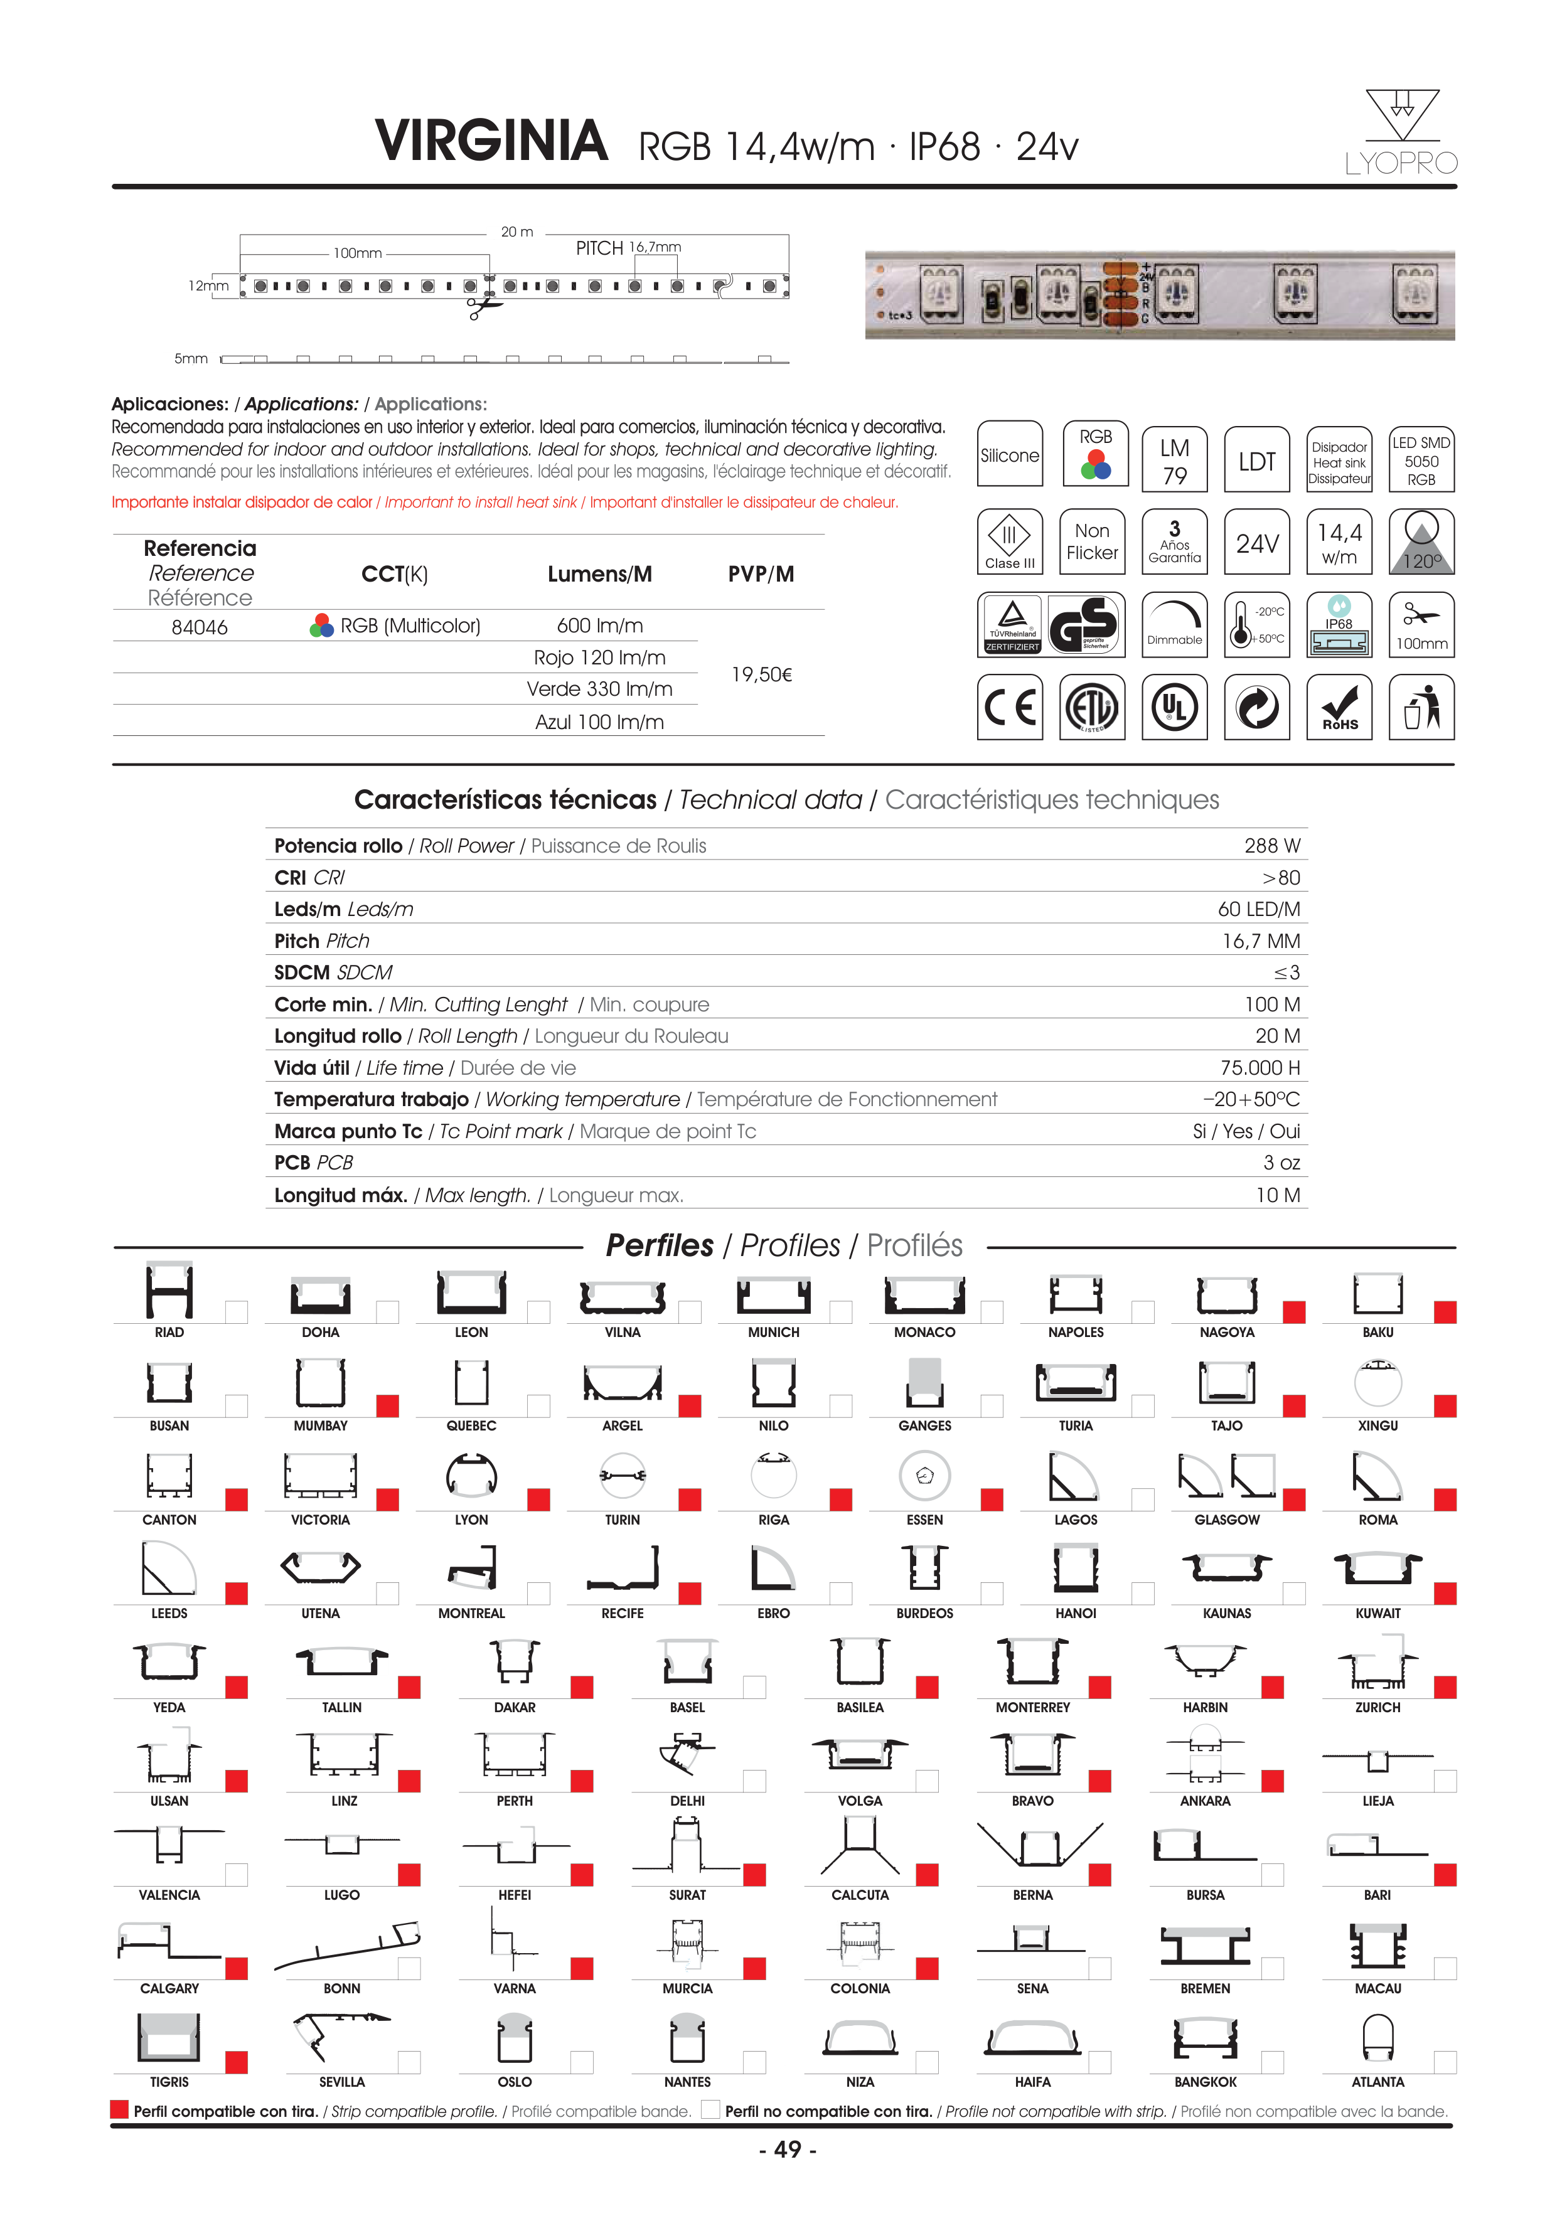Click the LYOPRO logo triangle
pyautogui.click(x=1402, y=116)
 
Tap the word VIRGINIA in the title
pyautogui.click(x=491, y=142)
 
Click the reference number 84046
pyautogui.click(x=199, y=627)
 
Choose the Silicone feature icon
pyautogui.click(x=1010, y=455)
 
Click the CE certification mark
pyautogui.click(x=1010, y=708)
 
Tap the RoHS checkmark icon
pyautogui.click(x=1339, y=708)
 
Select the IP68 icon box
pyautogui.click(x=1339, y=626)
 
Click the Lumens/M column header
pyautogui.click(x=599, y=574)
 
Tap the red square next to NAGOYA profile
pyautogui.click(x=1294, y=1312)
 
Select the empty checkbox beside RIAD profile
pyautogui.click(x=237, y=1312)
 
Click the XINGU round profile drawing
pyautogui.click(x=1377, y=1383)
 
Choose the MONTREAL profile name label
pyautogui.click(x=471, y=1614)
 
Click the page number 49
pyautogui.click(x=788, y=2149)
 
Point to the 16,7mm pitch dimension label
pyautogui.click(x=656, y=248)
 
